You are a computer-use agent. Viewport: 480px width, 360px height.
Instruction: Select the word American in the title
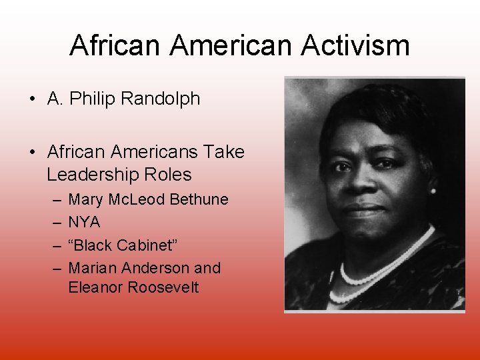[231, 46]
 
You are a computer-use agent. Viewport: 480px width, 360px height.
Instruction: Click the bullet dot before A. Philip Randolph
[32, 99]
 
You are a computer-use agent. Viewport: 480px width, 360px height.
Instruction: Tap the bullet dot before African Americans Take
[32, 153]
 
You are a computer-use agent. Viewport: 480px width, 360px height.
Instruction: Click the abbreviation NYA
[84, 222]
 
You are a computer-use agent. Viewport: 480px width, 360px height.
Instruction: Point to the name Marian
[93, 268]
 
